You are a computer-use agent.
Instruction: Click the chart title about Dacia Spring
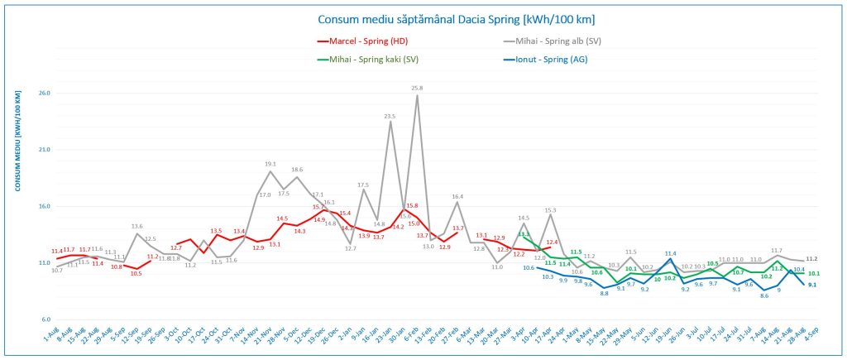pyautogui.click(x=456, y=19)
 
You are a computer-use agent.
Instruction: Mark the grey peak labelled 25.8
pyautogui.click(x=417, y=88)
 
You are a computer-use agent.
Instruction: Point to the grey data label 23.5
pyautogui.click(x=390, y=116)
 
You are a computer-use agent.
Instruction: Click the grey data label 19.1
pyautogui.click(x=270, y=164)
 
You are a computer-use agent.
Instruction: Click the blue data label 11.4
pyautogui.click(x=670, y=253)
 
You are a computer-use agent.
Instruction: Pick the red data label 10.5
pyautogui.click(x=136, y=273)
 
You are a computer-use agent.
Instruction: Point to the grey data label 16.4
pyautogui.click(x=457, y=196)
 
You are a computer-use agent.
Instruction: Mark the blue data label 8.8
pyautogui.click(x=605, y=294)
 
